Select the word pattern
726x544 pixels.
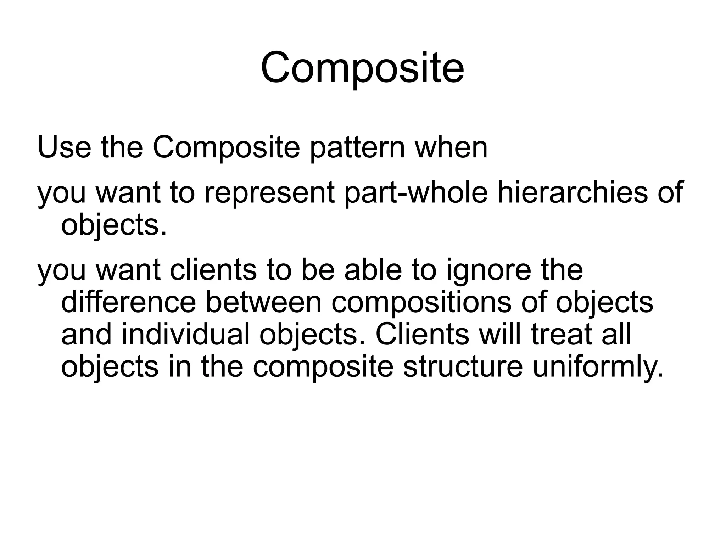(357, 148)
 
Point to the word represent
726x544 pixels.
(269, 194)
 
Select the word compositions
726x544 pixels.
(421, 304)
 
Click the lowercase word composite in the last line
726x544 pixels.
(323, 368)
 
